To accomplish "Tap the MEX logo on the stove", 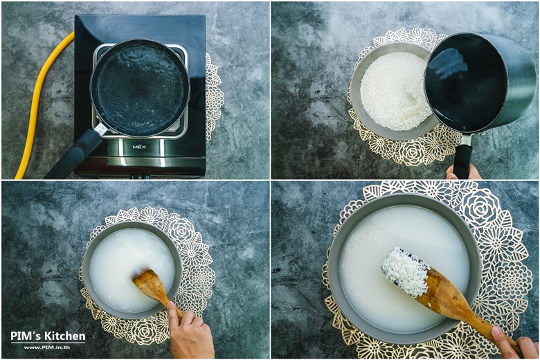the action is (139, 147).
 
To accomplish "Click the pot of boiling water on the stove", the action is (140, 88).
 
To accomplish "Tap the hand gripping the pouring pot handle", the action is (463, 172).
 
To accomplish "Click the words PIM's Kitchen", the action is (48, 336).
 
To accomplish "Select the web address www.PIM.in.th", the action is (47, 348).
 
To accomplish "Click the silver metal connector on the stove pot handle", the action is (100, 129).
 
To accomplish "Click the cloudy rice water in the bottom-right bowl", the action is (379, 303).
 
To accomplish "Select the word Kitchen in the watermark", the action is (67, 336).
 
